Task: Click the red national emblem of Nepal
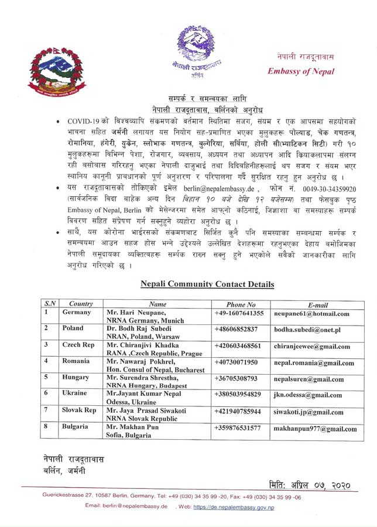click(56, 76)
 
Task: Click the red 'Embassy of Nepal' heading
click(301, 71)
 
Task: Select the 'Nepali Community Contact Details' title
click(207, 284)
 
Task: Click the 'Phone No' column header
click(241, 304)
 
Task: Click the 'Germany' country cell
click(77, 313)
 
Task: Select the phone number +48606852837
click(240, 329)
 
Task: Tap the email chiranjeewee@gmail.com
click(312, 346)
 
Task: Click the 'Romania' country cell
click(76, 361)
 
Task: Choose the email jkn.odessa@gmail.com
click(308, 395)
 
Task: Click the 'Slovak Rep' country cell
click(79, 410)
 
